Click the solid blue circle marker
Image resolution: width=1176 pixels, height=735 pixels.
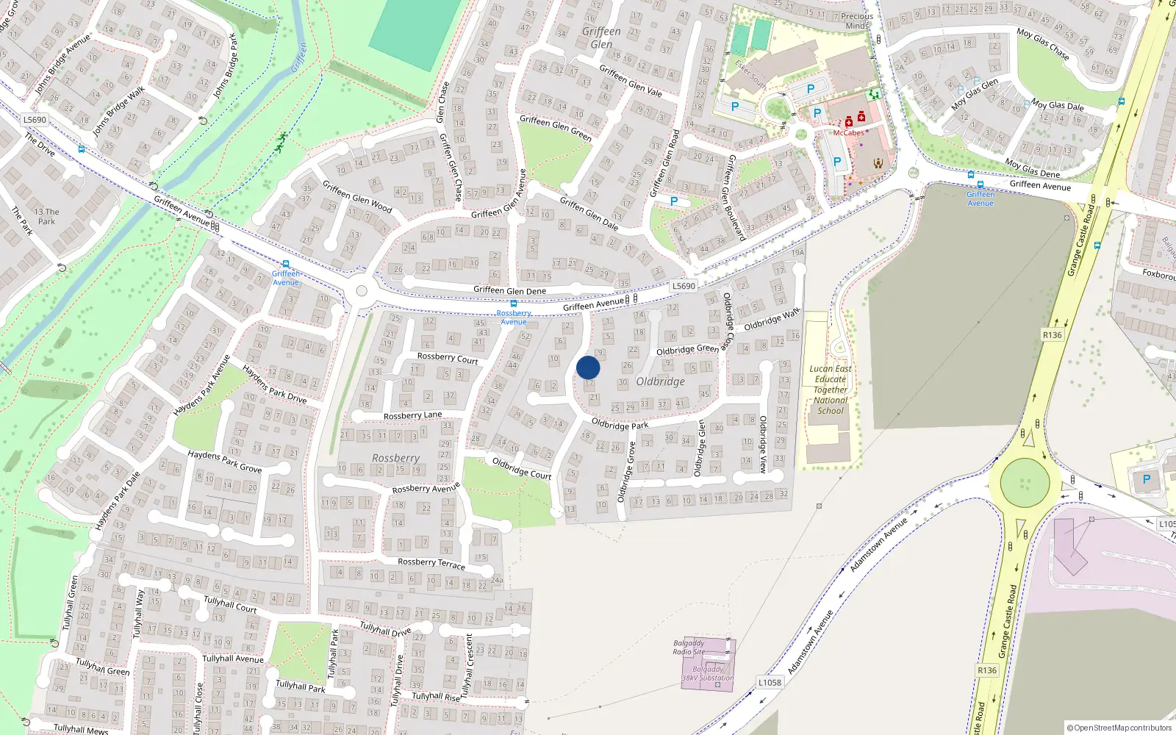click(x=588, y=367)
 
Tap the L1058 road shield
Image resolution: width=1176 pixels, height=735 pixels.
click(x=770, y=682)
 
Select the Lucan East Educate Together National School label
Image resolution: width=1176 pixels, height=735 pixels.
click(x=831, y=390)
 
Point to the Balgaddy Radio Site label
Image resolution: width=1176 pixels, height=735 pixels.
click(x=689, y=648)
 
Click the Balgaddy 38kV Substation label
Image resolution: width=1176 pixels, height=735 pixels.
click(x=708, y=673)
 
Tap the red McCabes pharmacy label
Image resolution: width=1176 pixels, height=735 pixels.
click(x=848, y=133)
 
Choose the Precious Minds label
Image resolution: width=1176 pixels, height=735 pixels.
click(x=857, y=21)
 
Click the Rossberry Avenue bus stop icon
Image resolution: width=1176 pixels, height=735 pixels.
click(x=513, y=304)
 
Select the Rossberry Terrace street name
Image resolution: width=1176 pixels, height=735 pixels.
click(x=431, y=563)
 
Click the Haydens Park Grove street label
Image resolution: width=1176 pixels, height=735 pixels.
click(x=224, y=461)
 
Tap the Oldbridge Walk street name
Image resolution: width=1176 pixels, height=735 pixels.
click(x=772, y=320)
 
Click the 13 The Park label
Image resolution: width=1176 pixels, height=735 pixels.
click(x=47, y=216)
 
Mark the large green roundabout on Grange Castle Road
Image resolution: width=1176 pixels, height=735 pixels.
click(x=1025, y=482)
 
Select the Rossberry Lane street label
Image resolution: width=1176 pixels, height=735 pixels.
click(x=412, y=415)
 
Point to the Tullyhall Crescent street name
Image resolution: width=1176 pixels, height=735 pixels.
click(x=469, y=662)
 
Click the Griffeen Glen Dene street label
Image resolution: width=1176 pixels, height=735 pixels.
click(x=509, y=290)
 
